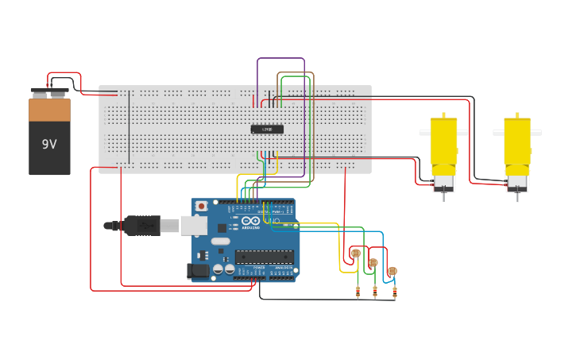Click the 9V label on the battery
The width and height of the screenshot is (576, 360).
[x=49, y=145]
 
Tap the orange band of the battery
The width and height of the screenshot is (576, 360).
[x=49, y=110]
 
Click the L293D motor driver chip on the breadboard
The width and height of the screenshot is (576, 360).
[x=267, y=129]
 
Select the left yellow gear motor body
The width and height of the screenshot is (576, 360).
[x=443, y=143]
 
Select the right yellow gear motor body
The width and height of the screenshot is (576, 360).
[x=517, y=143]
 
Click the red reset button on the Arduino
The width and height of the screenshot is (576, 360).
[x=202, y=206]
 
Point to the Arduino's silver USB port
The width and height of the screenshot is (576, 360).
[x=193, y=226]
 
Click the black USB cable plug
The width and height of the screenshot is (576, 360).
[x=142, y=226]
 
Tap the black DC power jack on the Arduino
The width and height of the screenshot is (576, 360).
[x=198, y=271]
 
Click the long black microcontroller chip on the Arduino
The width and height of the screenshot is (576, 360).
[x=264, y=256]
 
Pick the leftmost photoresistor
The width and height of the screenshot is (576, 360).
[x=355, y=254]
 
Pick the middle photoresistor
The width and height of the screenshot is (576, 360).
[x=373, y=262]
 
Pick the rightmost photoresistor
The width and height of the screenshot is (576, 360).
[x=392, y=271]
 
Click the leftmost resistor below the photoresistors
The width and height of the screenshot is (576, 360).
[x=358, y=292]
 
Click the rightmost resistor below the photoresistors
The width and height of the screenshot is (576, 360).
[x=395, y=292]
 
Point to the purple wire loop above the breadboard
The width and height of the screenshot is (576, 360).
[x=280, y=58]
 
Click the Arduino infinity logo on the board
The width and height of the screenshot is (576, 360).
[x=251, y=220]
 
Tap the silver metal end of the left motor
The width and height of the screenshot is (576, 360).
[x=443, y=184]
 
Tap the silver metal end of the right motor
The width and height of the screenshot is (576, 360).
[x=517, y=185]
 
